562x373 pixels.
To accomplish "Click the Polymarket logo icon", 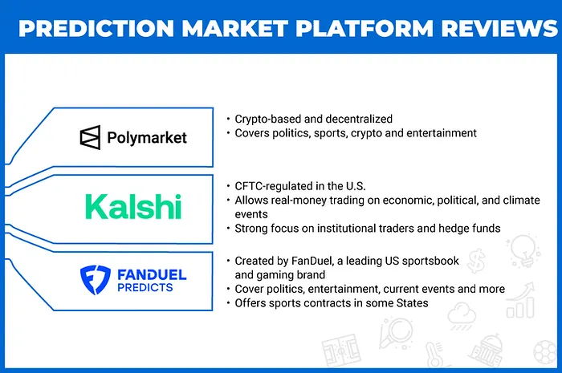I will pos(90,137).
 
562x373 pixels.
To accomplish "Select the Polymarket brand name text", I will pos(146,138).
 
